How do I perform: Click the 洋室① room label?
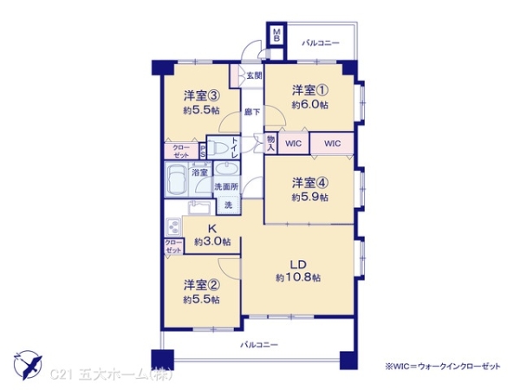(309, 90)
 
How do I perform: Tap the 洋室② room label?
(201, 284)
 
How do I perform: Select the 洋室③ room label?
(201, 96)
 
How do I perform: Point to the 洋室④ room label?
(309, 183)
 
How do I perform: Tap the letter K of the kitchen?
(211, 229)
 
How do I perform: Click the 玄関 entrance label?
(254, 75)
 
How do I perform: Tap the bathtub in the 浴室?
(177, 182)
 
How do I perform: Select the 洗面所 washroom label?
(225, 186)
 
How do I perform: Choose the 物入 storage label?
(270, 144)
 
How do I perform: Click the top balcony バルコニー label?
(321, 42)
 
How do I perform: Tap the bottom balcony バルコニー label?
(259, 344)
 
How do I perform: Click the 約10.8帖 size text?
(299, 277)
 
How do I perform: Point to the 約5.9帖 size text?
(309, 197)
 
